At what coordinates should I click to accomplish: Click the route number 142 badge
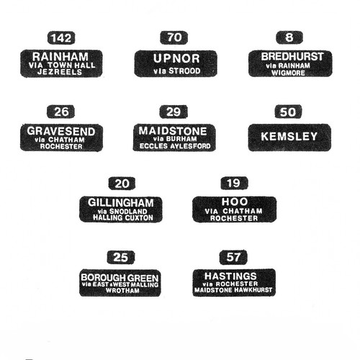(x=61, y=38)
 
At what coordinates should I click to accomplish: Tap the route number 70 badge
(x=174, y=37)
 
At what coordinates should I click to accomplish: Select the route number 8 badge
(x=289, y=37)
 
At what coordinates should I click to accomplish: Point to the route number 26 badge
(x=60, y=112)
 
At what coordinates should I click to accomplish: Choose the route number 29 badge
(x=174, y=112)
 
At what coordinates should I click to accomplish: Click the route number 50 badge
(x=288, y=112)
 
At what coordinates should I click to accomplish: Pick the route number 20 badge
(x=122, y=184)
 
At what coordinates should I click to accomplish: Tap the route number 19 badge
(x=234, y=183)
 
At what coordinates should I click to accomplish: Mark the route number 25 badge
(x=121, y=257)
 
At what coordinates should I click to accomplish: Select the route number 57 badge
(x=233, y=257)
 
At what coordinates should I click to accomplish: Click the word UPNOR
(x=176, y=58)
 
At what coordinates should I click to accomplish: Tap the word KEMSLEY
(x=289, y=136)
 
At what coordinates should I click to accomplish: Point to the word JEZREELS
(x=60, y=72)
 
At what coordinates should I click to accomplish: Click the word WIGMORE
(x=288, y=73)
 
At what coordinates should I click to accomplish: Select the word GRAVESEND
(x=61, y=131)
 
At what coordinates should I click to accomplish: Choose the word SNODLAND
(x=128, y=212)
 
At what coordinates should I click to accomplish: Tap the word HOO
(x=235, y=202)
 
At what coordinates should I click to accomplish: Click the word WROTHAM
(x=122, y=290)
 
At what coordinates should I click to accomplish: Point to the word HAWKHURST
(x=252, y=290)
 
